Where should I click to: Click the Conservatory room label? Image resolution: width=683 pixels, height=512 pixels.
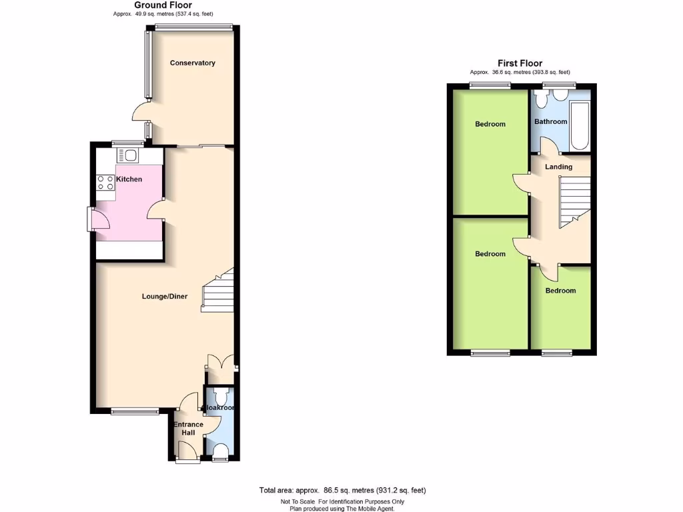(x=192, y=63)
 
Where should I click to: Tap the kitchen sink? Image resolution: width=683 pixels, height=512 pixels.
(x=127, y=156)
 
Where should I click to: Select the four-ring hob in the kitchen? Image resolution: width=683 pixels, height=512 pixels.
(x=105, y=183)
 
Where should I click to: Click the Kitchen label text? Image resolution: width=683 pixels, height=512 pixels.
(x=129, y=179)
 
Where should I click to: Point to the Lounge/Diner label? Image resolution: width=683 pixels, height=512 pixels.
(x=164, y=297)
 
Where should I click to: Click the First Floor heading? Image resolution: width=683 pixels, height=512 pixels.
(x=520, y=63)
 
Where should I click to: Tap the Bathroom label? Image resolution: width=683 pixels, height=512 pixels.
(x=550, y=121)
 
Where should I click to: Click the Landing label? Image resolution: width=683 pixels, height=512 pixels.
(x=558, y=167)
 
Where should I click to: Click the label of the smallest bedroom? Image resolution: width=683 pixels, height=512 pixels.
(x=560, y=291)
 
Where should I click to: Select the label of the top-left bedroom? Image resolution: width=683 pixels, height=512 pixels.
(x=490, y=124)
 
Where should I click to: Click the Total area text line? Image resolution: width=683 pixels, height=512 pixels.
(x=342, y=491)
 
